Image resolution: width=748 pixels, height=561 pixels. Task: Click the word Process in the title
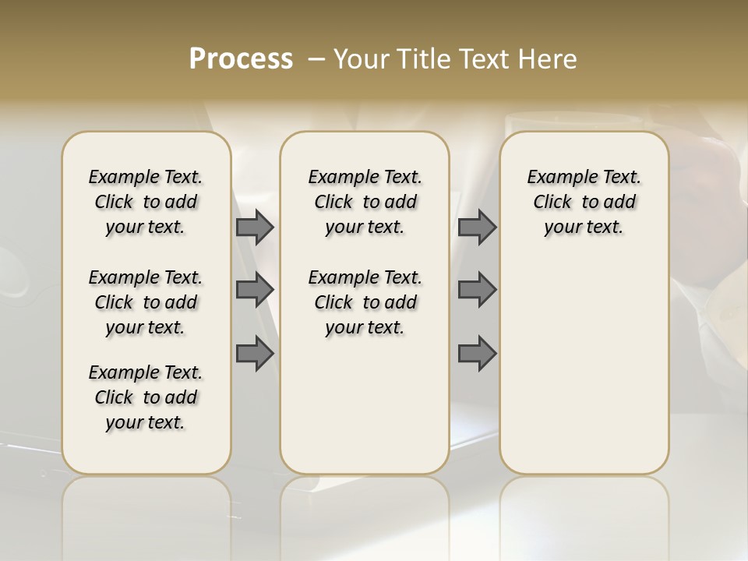(x=241, y=59)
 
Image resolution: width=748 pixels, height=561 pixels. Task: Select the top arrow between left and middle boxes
(x=255, y=228)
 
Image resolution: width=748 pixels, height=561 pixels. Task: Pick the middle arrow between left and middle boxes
(x=255, y=290)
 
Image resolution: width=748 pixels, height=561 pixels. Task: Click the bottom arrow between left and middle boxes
(x=255, y=355)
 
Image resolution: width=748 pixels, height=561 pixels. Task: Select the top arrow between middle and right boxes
(x=477, y=228)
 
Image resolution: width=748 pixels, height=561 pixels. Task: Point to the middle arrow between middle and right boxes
(x=477, y=290)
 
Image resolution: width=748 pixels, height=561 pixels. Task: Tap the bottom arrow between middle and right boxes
(x=477, y=355)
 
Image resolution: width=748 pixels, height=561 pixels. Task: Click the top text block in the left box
(x=146, y=202)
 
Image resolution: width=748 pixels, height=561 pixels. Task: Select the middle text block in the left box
(x=146, y=302)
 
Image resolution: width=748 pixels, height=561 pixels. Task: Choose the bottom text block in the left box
(x=146, y=397)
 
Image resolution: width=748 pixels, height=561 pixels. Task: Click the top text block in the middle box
(x=365, y=202)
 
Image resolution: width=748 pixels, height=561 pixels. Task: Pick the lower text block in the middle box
(x=365, y=302)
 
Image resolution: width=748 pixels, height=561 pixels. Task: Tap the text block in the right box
(x=584, y=202)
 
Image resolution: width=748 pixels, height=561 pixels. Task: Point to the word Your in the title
(x=359, y=59)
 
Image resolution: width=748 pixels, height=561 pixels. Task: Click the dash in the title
(x=316, y=59)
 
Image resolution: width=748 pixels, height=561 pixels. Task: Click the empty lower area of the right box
(x=584, y=366)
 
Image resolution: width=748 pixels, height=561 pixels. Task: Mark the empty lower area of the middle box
(x=365, y=405)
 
